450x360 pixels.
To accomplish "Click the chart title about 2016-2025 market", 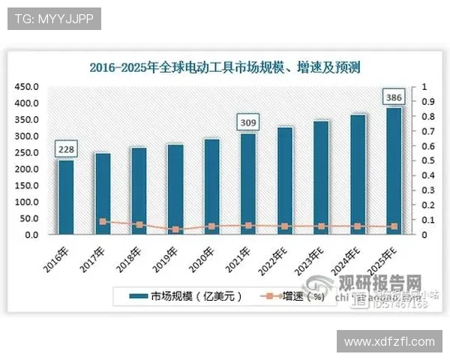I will pos(225,67).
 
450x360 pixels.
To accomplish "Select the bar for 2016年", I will pos(66,197).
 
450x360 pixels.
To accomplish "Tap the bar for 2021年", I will pos(247,184).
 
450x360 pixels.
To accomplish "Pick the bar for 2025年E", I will pos(393,171).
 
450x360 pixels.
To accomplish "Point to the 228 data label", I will pos(66,149).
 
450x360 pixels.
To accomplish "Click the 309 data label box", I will pos(247,121).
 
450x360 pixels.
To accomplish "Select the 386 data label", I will pos(393,97).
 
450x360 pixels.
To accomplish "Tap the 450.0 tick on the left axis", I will pos(27,87).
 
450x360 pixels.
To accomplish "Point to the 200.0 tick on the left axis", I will pos(27,169).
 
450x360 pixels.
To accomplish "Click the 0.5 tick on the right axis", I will pos(427,160).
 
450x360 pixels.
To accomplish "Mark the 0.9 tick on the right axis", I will pos(427,102).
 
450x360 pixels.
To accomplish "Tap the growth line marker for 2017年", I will pos(103,221).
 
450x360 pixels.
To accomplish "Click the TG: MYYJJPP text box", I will pos(53,19).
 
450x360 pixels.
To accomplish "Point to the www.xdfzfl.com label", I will pos(389,341).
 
